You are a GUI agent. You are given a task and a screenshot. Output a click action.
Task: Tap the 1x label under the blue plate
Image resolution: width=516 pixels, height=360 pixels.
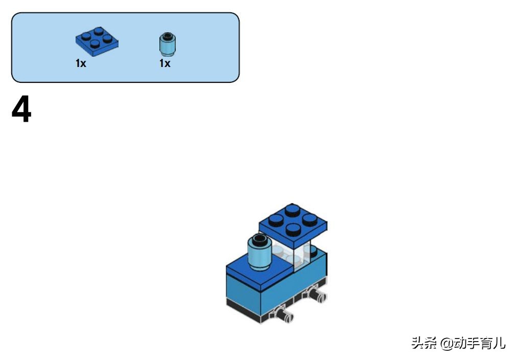click(81, 64)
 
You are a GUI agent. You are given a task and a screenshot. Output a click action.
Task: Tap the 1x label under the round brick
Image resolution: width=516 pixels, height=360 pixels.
click(165, 64)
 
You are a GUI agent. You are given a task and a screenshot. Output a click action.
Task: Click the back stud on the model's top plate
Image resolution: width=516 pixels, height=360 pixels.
click(293, 209)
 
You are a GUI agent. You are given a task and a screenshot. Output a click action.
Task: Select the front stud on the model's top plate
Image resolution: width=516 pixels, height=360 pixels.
click(293, 228)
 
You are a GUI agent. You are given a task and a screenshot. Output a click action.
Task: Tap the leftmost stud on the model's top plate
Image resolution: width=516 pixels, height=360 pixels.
click(276, 219)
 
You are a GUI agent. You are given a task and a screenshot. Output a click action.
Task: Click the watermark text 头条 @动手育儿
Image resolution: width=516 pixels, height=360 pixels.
click(458, 343)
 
